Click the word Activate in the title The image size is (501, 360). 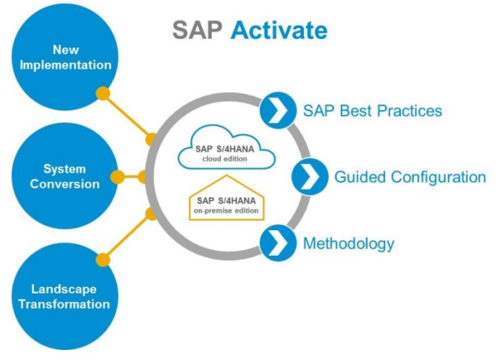point(279,31)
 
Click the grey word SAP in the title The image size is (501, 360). point(197,31)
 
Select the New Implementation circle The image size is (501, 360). point(65,57)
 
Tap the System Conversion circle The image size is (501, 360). point(65,176)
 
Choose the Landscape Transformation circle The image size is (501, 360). point(65,296)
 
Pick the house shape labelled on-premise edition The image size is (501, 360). point(226,198)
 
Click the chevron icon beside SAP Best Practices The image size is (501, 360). point(278,110)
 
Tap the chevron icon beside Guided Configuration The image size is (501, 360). point(310,177)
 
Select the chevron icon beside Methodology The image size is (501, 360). point(278,243)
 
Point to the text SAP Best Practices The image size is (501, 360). point(373,111)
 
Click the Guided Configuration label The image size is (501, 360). point(410,178)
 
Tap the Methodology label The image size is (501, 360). point(348,243)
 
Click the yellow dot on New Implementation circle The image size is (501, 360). point(103,94)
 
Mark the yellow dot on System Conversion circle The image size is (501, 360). point(117,177)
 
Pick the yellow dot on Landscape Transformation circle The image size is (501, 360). point(103,259)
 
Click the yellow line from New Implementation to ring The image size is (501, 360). point(127,117)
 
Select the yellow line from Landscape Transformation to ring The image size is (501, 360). point(127,236)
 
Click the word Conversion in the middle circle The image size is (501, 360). point(65,184)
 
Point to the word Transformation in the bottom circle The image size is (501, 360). point(64,304)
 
